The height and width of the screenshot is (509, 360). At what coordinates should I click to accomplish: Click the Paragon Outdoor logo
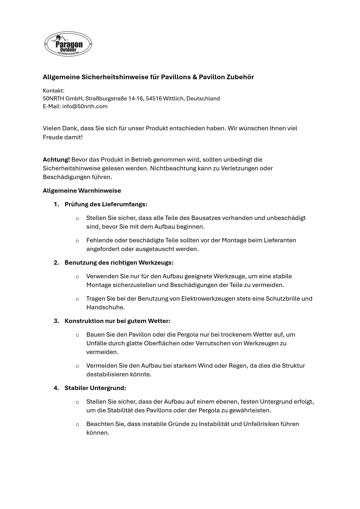(x=68, y=44)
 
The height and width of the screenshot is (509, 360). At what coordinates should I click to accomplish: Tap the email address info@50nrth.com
(x=85, y=107)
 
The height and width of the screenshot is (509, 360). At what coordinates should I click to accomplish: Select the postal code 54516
(x=154, y=99)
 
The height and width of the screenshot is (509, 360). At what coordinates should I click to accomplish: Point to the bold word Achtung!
(x=56, y=160)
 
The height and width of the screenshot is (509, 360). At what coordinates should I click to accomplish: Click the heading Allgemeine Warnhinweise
(x=82, y=191)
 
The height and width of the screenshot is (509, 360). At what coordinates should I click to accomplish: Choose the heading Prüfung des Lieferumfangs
(x=106, y=204)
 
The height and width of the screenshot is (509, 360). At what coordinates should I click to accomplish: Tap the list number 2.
(x=56, y=263)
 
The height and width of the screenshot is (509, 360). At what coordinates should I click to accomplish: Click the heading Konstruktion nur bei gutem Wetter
(x=117, y=321)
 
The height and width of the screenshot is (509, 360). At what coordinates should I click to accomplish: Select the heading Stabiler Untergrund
(x=95, y=388)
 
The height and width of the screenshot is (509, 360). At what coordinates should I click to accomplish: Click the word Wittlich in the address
(x=173, y=99)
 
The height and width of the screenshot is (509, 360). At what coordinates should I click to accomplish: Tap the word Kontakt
(x=53, y=91)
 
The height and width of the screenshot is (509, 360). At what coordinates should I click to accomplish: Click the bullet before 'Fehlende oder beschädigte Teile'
(x=77, y=241)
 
